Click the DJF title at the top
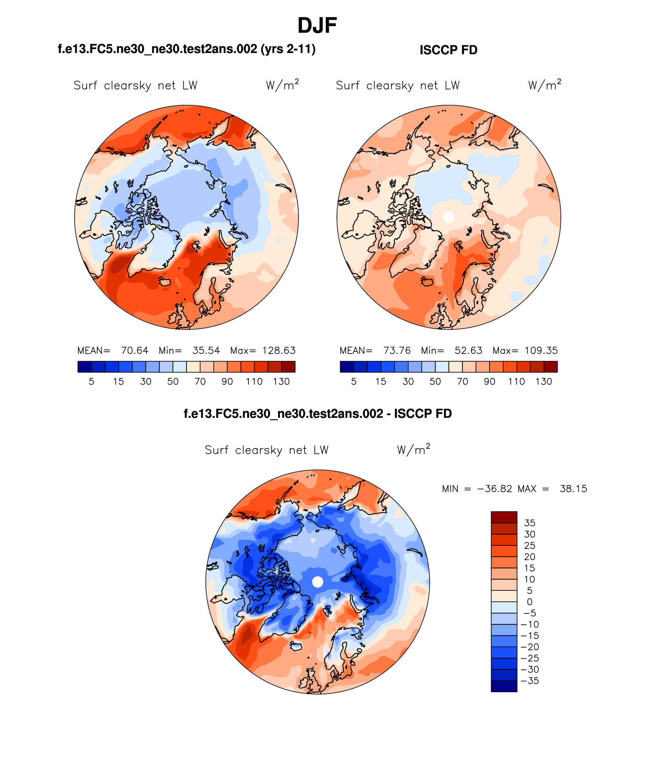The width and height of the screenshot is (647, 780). point(317,26)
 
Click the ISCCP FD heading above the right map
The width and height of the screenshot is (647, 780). point(448,50)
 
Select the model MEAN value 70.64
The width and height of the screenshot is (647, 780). point(135,350)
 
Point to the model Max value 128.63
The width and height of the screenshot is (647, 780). point(279,350)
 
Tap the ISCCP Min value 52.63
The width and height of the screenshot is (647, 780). point(468,350)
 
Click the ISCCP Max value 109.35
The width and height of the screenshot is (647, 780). point(541,350)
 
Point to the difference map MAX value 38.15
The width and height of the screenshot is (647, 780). point(573,489)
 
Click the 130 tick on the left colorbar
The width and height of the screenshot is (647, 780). point(282,381)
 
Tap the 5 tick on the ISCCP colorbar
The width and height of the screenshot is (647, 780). point(354,381)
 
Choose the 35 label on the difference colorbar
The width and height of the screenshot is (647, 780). point(530,523)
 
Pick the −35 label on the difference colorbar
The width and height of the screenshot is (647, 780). point(530,681)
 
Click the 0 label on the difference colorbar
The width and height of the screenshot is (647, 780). point(530,602)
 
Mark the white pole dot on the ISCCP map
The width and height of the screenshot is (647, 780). point(449,217)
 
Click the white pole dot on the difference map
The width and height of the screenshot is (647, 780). point(318,582)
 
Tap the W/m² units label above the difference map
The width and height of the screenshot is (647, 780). point(413,450)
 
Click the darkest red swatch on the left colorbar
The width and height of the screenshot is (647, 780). point(288,367)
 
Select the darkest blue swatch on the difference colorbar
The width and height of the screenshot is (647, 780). point(504,686)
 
